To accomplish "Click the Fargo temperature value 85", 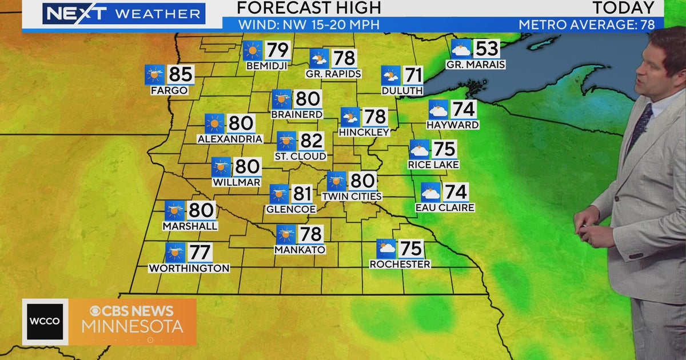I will tap(180, 75).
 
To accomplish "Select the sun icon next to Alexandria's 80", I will tap(214, 123).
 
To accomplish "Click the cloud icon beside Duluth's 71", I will tap(391, 75).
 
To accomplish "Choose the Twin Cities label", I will tap(352, 196).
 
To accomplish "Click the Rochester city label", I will tap(400, 264).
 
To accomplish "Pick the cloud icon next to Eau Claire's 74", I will tap(430, 192).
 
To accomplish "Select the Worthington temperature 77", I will tap(200, 252).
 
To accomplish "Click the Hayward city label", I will tap(452, 125).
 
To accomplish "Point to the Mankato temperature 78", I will tap(310, 234).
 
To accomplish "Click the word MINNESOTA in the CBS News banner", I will tap(132, 327).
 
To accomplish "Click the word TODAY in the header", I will tap(623, 8).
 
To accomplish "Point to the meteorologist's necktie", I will tap(640, 125).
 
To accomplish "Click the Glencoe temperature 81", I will tap(301, 194).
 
